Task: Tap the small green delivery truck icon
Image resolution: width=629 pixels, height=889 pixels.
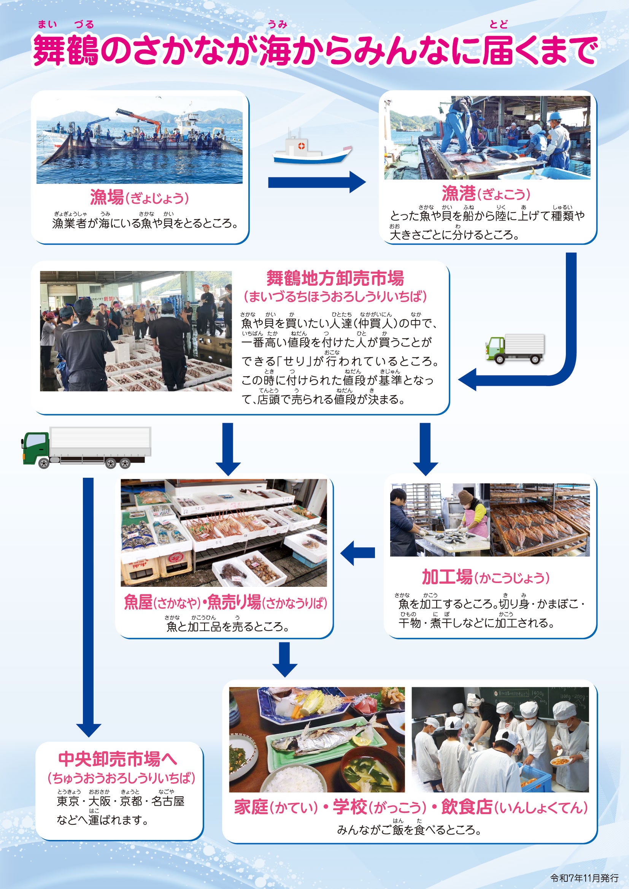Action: pos(515,349)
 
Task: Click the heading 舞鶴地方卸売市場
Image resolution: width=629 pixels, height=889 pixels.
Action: pos(335,278)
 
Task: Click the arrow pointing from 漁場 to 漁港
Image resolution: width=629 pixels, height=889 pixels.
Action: pos(316,182)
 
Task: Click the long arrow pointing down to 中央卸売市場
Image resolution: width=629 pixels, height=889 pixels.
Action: pos(89,608)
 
